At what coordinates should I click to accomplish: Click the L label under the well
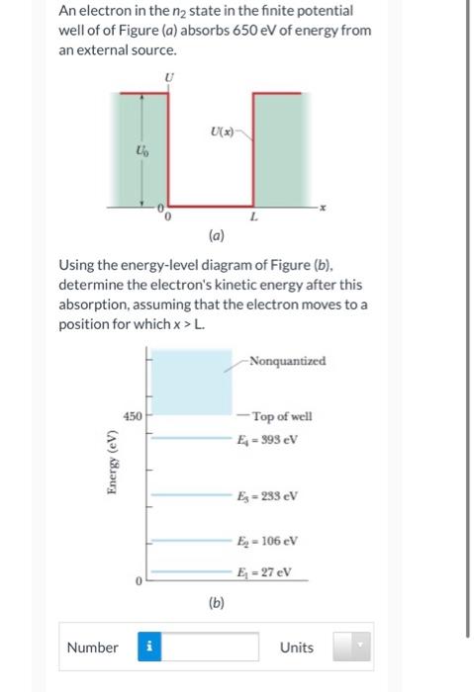[x=254, y=216]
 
